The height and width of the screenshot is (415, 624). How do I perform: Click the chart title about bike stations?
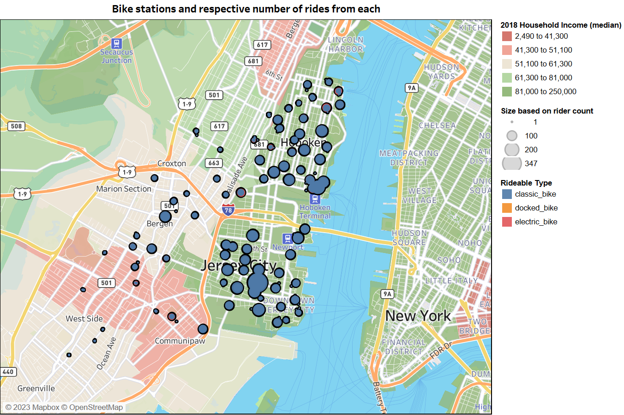(x=246, y=9)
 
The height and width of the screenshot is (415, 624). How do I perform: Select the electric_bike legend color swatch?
(x=507, y=222)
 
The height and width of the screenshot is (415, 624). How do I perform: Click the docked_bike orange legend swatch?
(x=507, y=208)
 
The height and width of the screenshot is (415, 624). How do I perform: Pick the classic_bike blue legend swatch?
(x=507, y=194)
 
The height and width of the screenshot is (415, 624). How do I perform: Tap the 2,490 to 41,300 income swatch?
(x=507, y=36)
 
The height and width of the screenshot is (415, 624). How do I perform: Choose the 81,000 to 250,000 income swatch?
(x=507, y=92)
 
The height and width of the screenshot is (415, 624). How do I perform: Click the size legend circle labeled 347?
(x=512, y=163)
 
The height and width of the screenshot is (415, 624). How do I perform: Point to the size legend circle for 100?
(x=512, y=136)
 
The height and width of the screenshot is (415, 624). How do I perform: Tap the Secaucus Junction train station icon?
(x=117, y=43)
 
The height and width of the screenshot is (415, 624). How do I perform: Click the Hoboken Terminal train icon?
(x=315, y=199)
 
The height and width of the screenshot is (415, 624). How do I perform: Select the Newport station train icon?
(x=288, y=239)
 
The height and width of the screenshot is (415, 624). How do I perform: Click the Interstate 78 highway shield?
(x=228, y=210)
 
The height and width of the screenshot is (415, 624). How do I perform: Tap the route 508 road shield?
(x=16, y=126)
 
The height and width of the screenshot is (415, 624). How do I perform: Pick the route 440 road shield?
(x=8, y=372)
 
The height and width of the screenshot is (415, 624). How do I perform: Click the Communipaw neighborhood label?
(x=180, y=341)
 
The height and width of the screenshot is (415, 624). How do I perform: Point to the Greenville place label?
(x=36, y=389)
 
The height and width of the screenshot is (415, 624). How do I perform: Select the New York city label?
(x=418, y=316)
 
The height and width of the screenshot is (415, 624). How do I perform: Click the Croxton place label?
(x=172, y=163)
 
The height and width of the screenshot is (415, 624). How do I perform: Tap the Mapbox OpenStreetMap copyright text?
(x=64, y=407)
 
